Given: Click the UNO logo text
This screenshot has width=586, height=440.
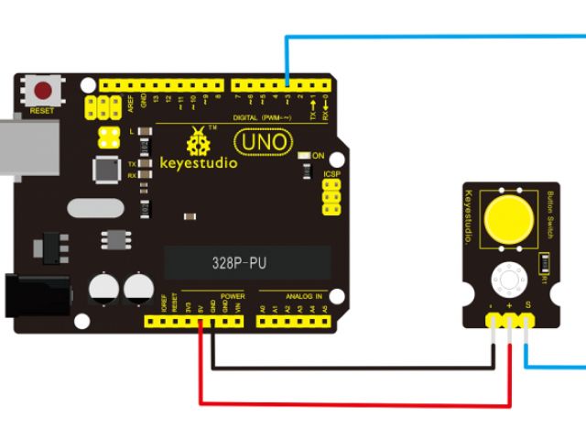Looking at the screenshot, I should [264, 142].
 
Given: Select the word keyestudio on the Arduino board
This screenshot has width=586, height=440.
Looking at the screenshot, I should [199, 163].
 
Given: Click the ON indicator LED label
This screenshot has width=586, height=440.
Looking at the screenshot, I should [319, 156].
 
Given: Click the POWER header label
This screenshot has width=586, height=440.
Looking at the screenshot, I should [233, 297].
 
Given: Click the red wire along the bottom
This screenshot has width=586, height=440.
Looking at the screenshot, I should [357, 402].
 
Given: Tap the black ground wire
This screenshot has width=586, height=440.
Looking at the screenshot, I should [357, 368].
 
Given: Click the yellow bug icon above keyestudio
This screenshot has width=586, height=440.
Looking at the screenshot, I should [198, 142].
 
